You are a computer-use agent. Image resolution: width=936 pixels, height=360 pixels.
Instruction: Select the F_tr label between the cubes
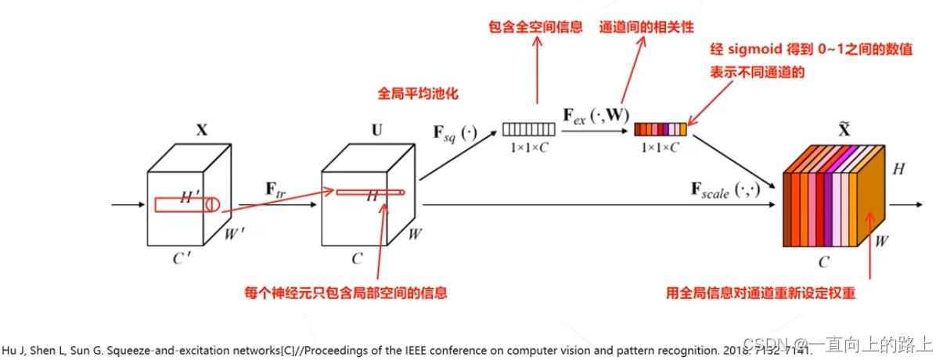276,189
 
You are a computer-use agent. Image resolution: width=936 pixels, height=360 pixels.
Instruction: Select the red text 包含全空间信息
538,27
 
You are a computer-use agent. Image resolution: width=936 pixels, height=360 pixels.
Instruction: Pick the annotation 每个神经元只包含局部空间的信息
345,293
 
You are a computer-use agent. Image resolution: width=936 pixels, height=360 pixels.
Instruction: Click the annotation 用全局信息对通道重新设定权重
758,293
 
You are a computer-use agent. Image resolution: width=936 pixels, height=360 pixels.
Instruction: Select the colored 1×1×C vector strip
661,129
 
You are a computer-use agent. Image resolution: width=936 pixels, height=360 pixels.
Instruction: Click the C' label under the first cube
182,259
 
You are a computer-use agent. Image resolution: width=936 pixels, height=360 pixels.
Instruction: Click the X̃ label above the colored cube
844,130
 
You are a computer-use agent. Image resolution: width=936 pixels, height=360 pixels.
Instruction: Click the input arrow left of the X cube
126,207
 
